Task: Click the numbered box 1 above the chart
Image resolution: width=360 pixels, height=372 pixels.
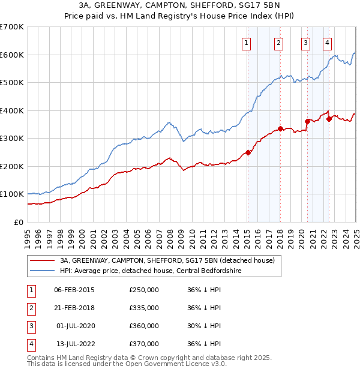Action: [247, 43]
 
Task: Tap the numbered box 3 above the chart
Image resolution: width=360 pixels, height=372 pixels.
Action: [305, 43]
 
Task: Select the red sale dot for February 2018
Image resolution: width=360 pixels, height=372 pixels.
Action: [280, 128]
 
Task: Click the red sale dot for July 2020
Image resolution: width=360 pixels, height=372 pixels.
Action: [307, 121]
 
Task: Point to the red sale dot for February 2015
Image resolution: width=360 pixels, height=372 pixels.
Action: [248, 152]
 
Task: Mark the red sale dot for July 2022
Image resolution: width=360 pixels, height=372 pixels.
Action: [329, 119]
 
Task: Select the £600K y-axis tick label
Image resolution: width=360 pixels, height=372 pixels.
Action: [12, 55]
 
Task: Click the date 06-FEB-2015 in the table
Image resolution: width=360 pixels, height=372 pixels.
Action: [74, 290]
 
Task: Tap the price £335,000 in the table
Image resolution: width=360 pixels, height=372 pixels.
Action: [144, 308]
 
